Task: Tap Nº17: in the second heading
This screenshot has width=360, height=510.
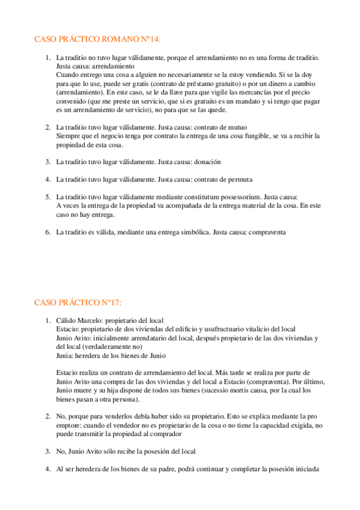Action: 109,302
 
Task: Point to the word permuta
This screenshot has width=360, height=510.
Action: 239,179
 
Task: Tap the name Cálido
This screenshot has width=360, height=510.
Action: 67,320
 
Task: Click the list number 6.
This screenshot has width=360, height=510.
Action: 47,232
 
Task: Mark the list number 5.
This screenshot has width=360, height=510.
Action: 47,197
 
